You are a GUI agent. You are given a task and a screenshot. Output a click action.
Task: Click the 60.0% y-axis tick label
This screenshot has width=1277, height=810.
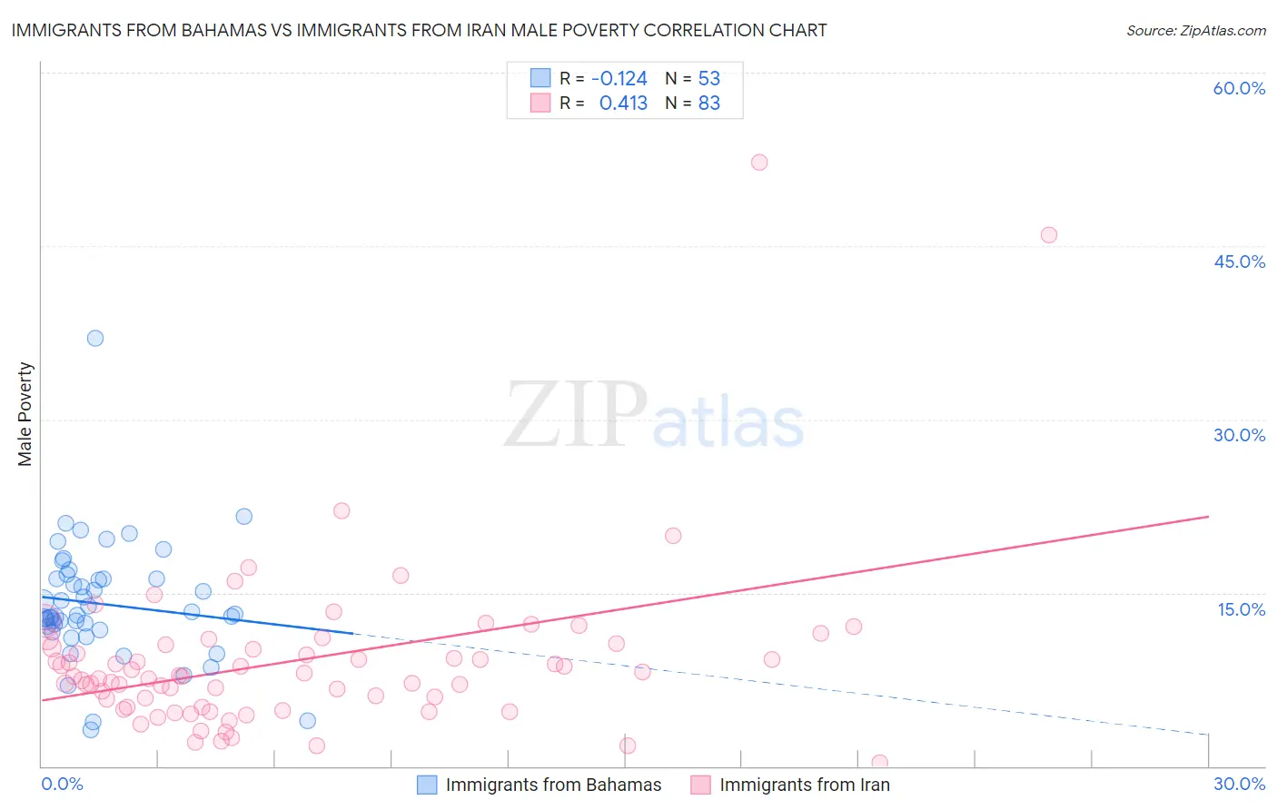point(1239,88)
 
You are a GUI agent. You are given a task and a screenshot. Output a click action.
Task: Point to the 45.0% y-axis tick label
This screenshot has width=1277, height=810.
point(1239,262)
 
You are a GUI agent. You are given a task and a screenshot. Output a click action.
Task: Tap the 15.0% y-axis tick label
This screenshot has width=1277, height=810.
point(1241,609)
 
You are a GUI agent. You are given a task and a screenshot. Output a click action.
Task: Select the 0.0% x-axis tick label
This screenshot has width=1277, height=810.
point(62,784)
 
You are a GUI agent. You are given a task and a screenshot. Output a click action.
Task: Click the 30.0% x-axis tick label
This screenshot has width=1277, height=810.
point(1239,784)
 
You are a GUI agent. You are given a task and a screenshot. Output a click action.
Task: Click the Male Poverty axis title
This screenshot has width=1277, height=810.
point(25,414)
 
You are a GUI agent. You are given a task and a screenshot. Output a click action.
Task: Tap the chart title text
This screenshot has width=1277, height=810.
point(419,30)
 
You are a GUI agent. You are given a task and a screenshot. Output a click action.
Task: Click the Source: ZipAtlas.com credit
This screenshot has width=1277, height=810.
point(1195,30)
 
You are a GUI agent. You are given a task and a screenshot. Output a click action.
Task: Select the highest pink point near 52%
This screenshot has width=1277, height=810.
point(759,163)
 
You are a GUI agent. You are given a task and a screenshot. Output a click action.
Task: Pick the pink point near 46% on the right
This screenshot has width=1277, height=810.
point(1049,235)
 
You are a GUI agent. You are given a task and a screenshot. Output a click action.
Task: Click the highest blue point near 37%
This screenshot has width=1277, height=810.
point(95,339)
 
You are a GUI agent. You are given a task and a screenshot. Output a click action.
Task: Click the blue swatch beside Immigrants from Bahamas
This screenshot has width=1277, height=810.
point(427,785)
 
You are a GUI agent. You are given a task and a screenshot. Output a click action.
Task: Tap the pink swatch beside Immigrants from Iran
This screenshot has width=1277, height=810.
point(700,785)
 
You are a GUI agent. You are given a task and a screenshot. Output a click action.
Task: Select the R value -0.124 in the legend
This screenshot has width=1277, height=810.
point(619,78)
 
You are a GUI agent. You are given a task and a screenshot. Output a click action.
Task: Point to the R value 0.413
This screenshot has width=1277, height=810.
point(623,104)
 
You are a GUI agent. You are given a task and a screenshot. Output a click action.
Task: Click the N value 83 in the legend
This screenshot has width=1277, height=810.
point(709,104)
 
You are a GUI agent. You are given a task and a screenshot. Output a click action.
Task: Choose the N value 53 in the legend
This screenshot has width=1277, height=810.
point(709,78)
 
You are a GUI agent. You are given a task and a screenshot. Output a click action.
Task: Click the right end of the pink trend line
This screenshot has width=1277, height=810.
point(1208,517)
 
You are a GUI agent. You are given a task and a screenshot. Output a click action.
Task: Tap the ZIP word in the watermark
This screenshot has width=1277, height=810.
point(576,415)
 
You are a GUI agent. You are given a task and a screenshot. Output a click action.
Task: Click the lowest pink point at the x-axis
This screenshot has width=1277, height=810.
point(879,763)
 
